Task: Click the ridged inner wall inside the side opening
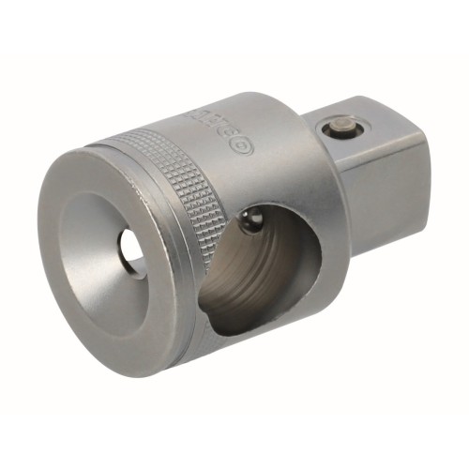pyautogui.click(x=234, y=281)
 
